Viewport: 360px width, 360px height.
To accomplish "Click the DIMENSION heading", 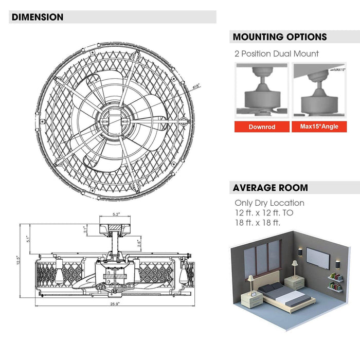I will click(x=38, y=17).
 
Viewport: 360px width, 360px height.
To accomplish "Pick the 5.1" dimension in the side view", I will click(x=29, y=238).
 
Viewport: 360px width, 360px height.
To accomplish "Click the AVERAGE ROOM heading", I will click(x=271, y=187).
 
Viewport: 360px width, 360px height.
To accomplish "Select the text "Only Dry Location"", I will click(x=269, y=203).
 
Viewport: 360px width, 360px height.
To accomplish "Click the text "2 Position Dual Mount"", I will click(x=277, y=53).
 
